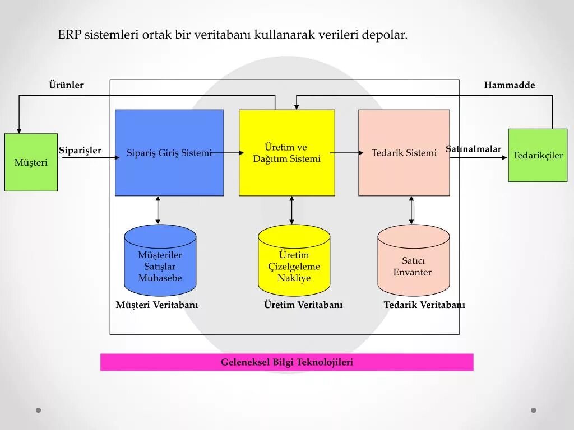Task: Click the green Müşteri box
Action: tap(31, 162)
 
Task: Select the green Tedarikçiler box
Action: tap(538, 155)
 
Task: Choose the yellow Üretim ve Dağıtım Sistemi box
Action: tap(286, 153)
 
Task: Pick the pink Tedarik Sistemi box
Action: tap(404, 153)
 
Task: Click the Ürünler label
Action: tap(66, 85)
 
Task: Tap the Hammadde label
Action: tap(510, 85)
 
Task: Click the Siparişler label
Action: tap(80, 151)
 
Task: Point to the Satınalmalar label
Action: tap(474, 149)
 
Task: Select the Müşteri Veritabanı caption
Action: tap(157, 305)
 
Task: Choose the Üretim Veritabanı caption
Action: tap(303, 305)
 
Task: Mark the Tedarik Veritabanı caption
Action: tap(424, 305)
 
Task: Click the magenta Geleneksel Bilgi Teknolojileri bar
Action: tap(286, 362)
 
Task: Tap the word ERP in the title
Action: tap(70, 35)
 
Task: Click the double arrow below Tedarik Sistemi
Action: tap(411, 210)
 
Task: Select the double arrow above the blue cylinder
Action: tap(158, 210)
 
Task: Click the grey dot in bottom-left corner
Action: tap(39, 410)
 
